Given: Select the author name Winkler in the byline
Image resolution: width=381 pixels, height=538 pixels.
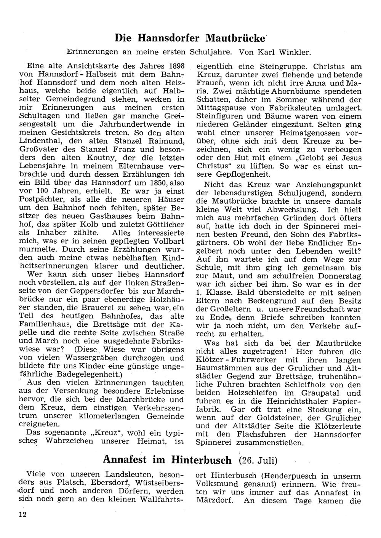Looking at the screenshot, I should click(300, 51).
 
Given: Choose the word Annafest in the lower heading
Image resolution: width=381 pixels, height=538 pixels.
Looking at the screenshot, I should click(128, 460).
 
